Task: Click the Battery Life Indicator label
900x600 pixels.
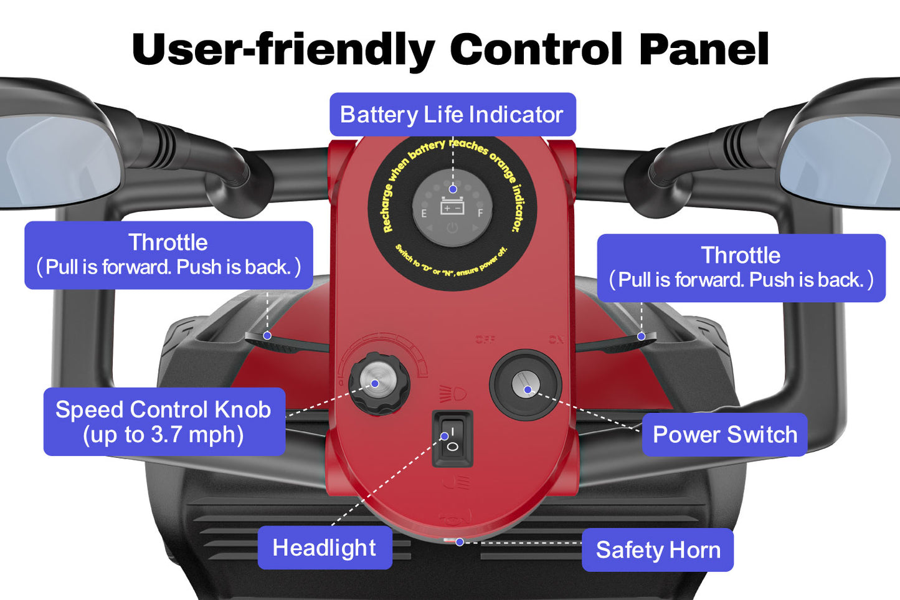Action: tap(452, 115)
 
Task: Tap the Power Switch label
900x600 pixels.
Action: tap(724, 434)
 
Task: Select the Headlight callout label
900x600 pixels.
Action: tap(324, 548)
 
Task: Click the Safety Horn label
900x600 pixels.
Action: tap(658, 550)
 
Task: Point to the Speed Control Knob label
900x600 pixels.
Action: tap(164, 422)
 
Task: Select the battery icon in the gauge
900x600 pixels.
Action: tap(452, 206)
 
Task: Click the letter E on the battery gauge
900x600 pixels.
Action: tap(424, 214)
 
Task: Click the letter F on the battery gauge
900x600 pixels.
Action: tap(480, 214)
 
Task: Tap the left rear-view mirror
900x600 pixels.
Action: tap(56, 159)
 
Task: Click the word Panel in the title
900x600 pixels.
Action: tap(704, 49)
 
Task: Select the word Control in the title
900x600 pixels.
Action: tap(536, 49)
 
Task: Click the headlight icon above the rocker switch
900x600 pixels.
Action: tap(453, 394)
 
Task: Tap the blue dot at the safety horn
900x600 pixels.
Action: tap(460, 542)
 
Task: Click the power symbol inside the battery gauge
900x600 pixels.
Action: tap(452, 229)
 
